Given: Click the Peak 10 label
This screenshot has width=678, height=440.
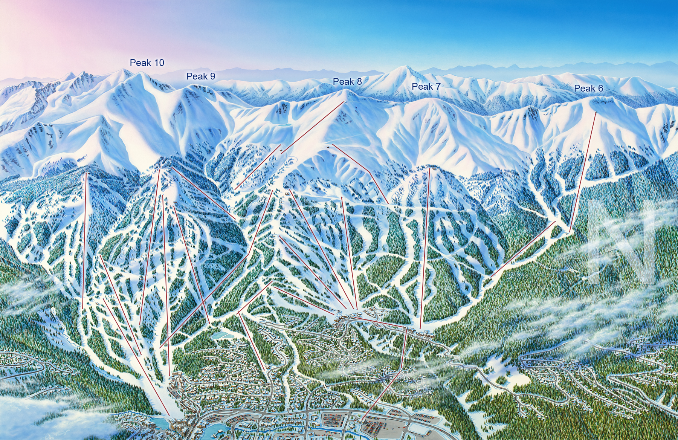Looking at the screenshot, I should click(147, 63).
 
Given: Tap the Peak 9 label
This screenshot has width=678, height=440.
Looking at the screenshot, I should click(201, 76).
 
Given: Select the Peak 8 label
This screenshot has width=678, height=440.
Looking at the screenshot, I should click(347, 81).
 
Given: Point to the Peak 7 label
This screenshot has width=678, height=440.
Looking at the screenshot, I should click(426, 87).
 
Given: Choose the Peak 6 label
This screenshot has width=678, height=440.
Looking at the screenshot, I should click(588, 89).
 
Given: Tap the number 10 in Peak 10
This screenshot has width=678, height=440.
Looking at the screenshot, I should click(159, 63).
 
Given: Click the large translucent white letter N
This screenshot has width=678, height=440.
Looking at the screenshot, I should click(621, 241).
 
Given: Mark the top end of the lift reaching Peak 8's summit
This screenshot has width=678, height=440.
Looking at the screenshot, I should click(344, 102).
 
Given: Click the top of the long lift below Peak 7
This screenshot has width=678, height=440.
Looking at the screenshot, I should click(429, 168).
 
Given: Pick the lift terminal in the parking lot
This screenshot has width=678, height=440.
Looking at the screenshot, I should click(362, 421).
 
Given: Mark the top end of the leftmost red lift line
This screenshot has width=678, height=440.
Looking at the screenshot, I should click(86, 173).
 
